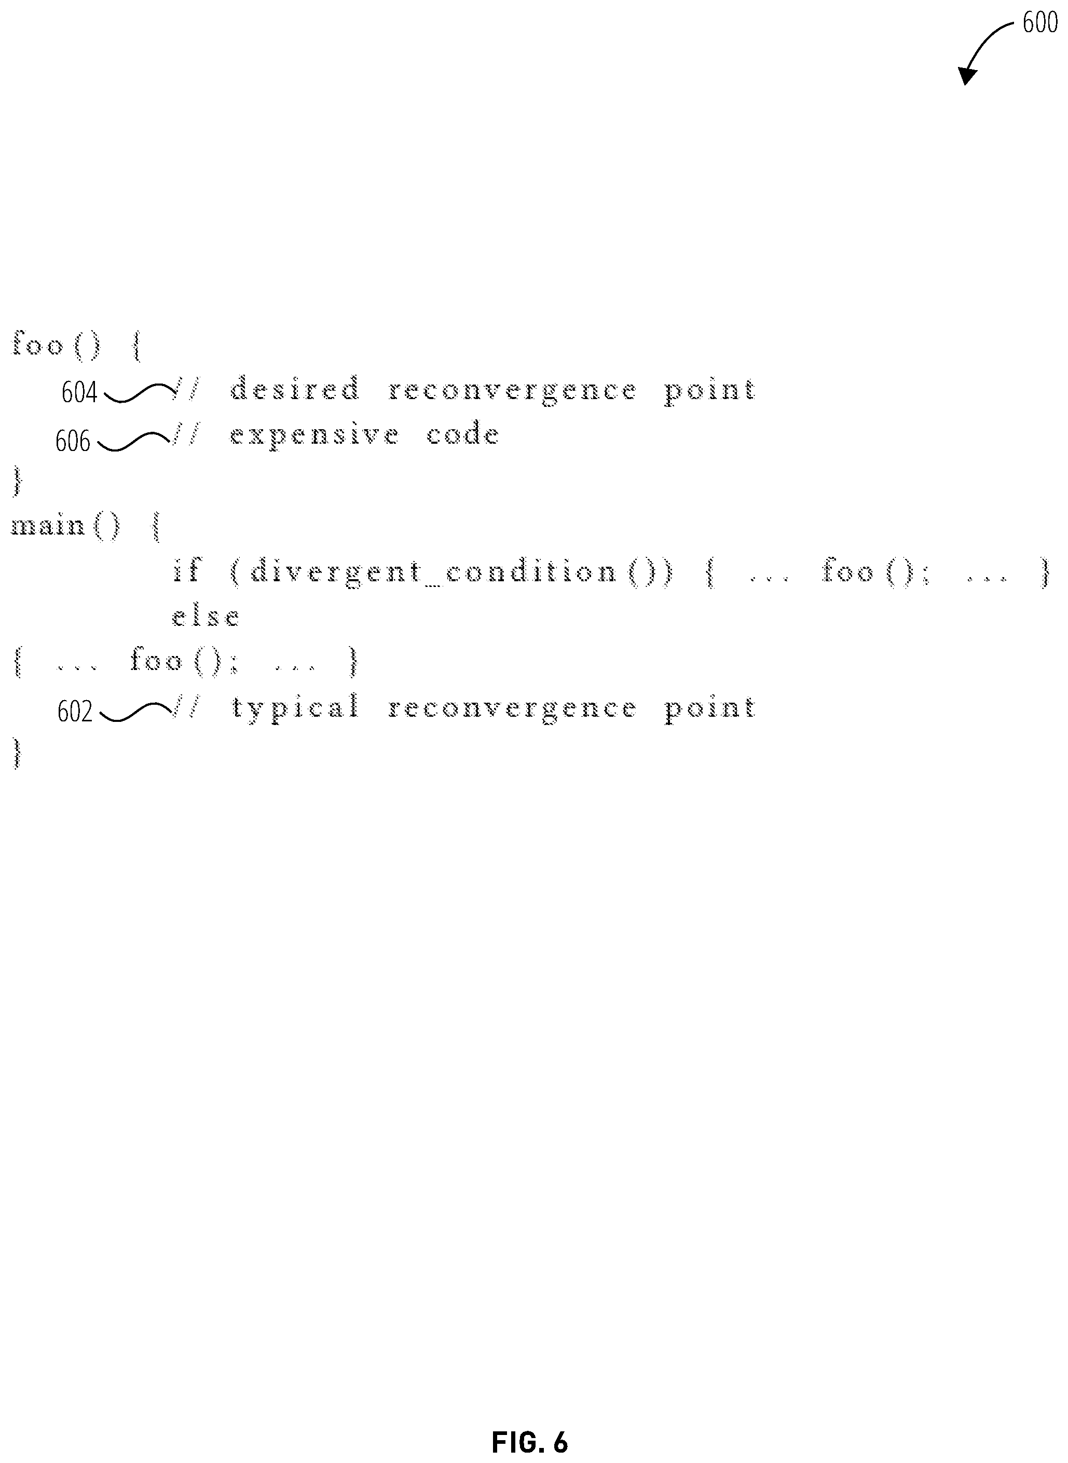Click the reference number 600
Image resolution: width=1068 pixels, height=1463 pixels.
pos(1039,24)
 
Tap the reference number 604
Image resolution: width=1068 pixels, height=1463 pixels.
pos(79,392)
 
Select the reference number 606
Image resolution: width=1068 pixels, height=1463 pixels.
pos(73,442)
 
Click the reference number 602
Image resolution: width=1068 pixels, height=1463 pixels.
pos(75,712)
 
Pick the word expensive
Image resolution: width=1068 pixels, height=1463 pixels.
pos(315,435)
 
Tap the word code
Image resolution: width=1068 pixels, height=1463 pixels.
pos(463,434)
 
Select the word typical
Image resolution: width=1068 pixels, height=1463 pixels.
pos(295,708)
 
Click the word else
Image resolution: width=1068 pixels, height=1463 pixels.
pos(206,616)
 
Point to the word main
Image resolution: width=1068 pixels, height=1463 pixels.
pos(48,526)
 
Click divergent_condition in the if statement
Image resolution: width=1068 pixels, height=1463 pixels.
pos(433,571)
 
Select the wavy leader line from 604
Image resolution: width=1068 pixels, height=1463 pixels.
pos(139,392)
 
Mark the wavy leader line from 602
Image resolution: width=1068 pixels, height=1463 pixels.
pos(136,712)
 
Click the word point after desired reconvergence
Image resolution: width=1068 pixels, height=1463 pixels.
pos(710,390)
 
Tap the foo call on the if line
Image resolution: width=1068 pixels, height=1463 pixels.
pos(847,570)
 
